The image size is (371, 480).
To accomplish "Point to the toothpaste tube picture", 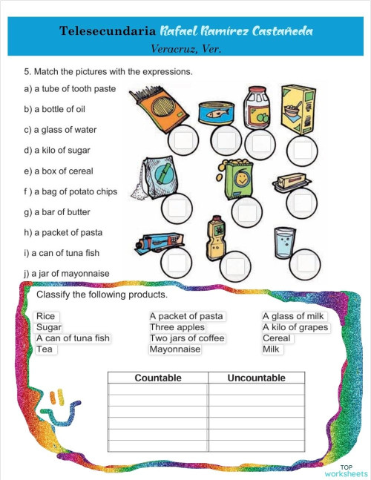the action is (161, 244).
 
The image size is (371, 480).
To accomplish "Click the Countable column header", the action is (158, 378).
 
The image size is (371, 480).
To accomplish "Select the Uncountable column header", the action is (256, 378).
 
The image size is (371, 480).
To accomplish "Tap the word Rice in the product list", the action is (45, 316).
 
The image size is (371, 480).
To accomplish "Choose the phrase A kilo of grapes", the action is (295, 327).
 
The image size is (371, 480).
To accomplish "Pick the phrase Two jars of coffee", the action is (186, 338).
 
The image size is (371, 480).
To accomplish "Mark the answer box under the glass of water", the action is (306, 261).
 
